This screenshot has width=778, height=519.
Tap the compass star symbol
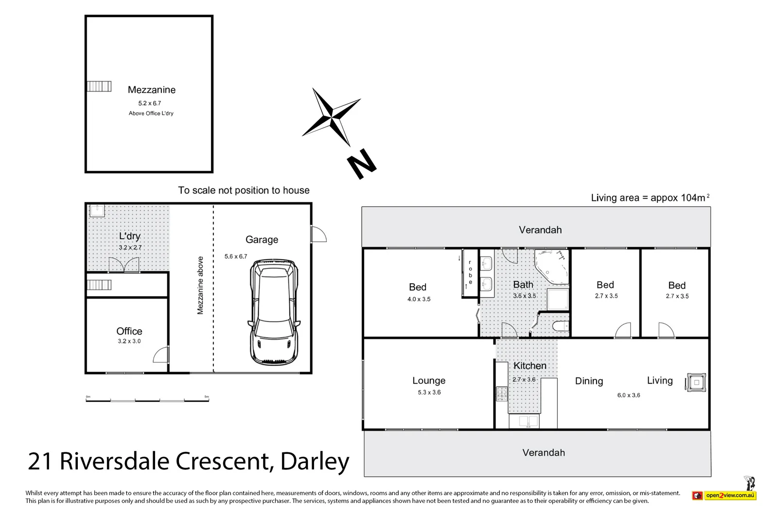pos(331,117)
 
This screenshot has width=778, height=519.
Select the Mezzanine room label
pos(151,89)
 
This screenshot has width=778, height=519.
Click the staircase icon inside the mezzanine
pos(99,87)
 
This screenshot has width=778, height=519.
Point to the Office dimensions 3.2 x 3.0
pos(129,341)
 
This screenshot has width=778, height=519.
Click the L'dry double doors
pos(124,265)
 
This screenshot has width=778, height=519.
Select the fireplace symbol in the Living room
pos(696,382)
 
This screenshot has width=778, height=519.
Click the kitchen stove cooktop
pos(502,394)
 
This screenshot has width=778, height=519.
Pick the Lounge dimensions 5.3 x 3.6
pos(429,392)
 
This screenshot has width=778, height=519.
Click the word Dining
pos(589,381)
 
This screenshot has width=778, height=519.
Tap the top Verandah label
pos(540,230)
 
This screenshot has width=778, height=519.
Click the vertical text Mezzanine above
pos(200,286)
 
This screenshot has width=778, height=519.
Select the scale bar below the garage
pos(147,399)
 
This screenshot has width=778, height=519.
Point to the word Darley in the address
pos(315,461)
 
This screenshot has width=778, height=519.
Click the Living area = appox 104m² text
pos(649,197)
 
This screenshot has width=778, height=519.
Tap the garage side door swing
pos(319,234)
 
